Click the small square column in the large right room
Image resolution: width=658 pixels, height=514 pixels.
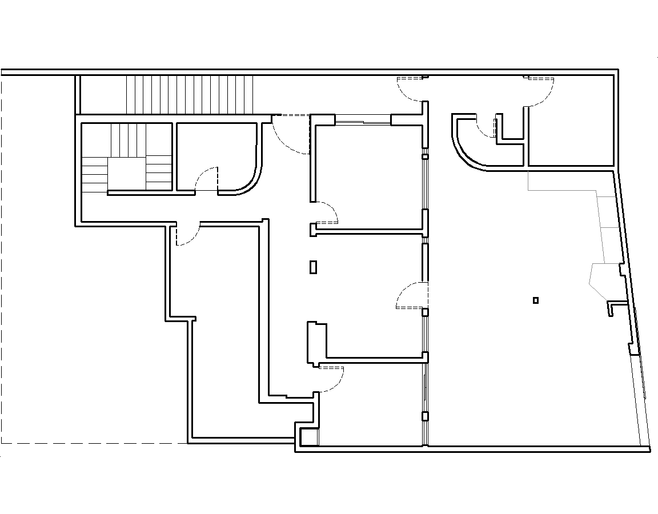[535, 300]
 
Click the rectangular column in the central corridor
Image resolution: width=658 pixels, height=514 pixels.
[313, 267]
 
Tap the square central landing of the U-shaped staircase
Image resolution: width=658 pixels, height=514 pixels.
[127, 174]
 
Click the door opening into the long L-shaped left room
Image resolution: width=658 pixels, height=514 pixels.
[187, 234]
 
